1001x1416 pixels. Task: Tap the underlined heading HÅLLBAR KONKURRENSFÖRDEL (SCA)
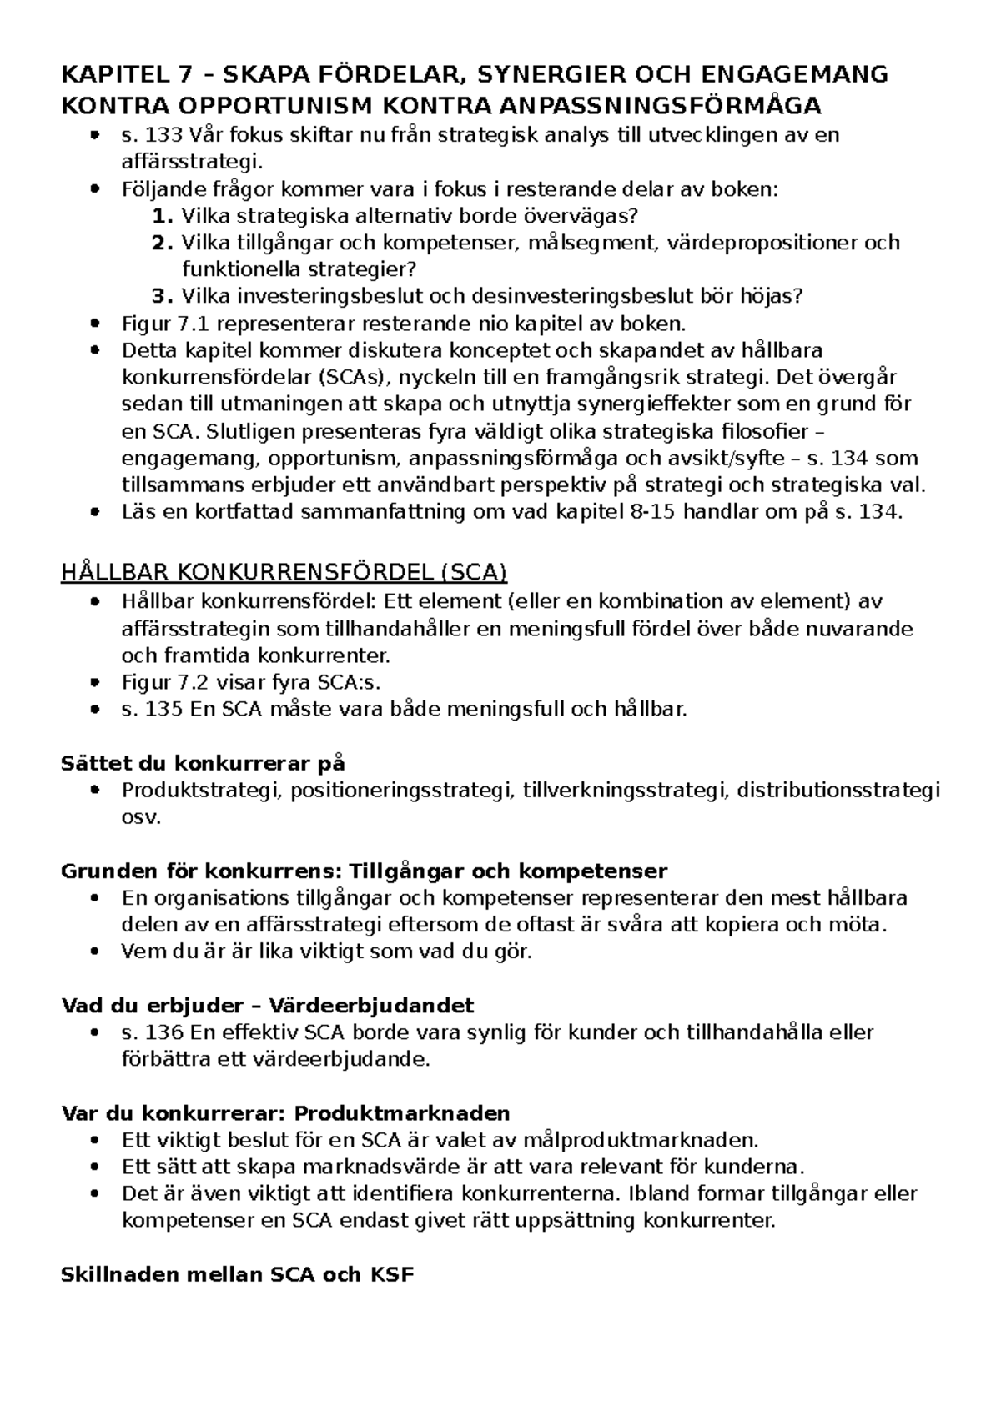pos(284,573)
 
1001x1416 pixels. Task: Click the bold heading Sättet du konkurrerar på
pos(204,762)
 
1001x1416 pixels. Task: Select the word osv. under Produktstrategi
pos(140,816)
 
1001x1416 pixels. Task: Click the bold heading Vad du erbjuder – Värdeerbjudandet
pos(268,1005)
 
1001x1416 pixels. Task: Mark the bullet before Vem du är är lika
pos(98,952)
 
